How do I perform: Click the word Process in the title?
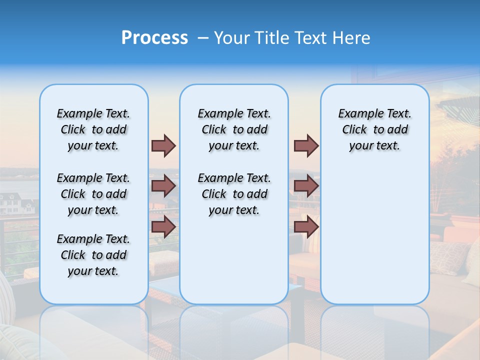[x=154, y=38]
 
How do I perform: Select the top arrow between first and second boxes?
[x=163, y=145]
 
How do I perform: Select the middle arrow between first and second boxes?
[x=163, y=186]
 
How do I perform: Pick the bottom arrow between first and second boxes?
[x=163, y=226]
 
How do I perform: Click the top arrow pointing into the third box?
[x=306, y=145]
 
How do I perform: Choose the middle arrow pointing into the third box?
[x=306, y=186]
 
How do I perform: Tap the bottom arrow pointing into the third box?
[x=306, y=226]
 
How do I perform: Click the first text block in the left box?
[x=93, y=129]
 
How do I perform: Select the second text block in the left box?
[x=93, y=194]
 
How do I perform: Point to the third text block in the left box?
[x=93, y=255]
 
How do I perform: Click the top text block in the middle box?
[x=234, y=129]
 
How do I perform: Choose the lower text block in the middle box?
[x=234, y=194]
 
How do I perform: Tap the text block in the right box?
[x=374, y=129]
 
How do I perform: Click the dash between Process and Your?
[x=203, y=38]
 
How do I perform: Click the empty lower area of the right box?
[x=374, y=240]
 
